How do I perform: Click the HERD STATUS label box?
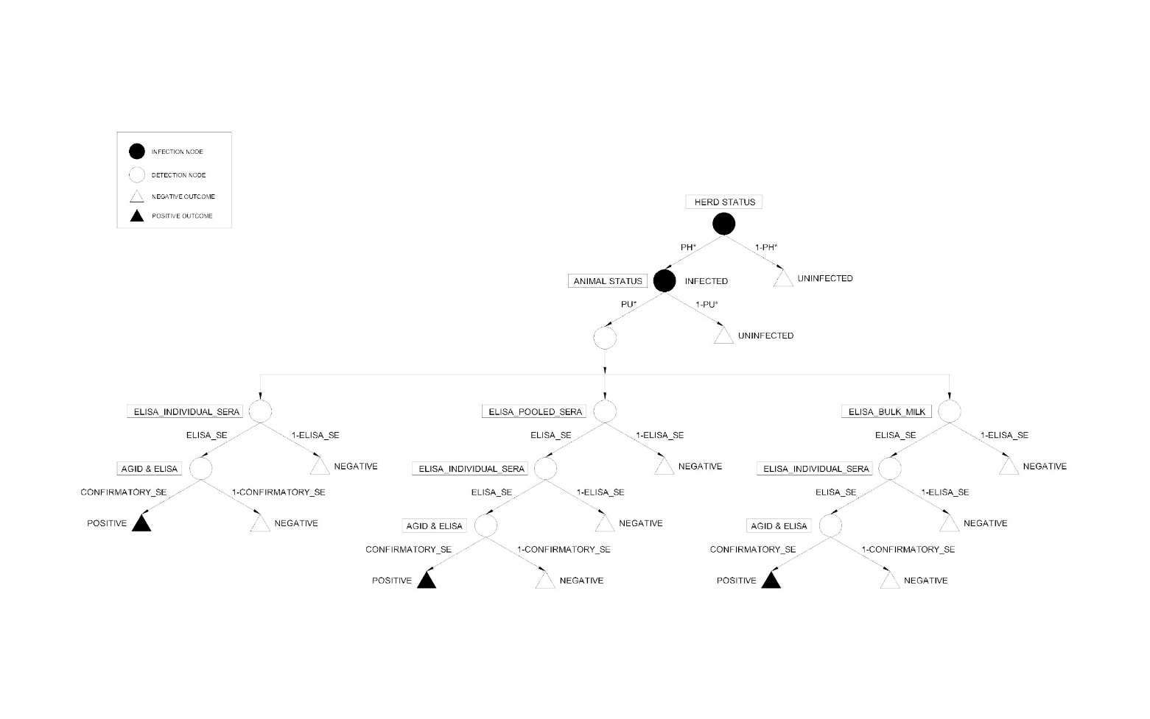coord(724,202)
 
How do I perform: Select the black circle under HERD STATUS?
coord(723,224)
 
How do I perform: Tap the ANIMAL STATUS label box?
coord(608,281)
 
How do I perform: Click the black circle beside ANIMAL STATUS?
coord(665,281)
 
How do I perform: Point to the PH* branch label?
coord(688,247)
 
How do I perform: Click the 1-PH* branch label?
coord(766,247)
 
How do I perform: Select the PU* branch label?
coord(628,304)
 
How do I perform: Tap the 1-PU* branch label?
coord(707,304)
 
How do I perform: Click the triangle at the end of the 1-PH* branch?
coord(783,279)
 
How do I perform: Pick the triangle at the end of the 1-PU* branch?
coord(723,336)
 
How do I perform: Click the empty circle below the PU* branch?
coord(605,338)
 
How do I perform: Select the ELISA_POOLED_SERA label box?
coord(536,412)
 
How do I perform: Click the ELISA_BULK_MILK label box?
coord(886,412)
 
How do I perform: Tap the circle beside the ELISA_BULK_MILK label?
coord(949,411)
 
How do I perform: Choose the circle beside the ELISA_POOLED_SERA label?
coord(605,411)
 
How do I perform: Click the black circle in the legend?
coord(137,152)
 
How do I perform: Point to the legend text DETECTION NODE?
coord(179,175)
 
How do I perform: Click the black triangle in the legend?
coord(137,216)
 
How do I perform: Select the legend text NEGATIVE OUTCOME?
coord(183,196)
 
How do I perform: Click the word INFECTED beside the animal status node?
coord(706,281)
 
